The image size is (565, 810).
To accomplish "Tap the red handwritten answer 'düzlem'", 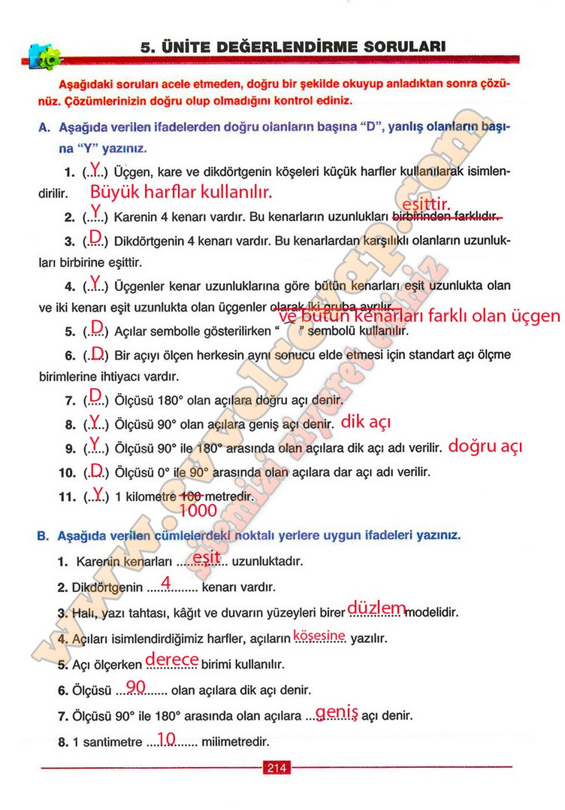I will pos(378,608).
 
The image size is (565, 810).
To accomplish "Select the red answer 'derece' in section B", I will pos(171,659).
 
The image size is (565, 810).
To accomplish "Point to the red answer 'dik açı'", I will pos(366,422).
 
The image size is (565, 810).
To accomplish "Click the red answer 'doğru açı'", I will pos(485,446).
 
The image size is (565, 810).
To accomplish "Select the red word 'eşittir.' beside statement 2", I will pos(426,204).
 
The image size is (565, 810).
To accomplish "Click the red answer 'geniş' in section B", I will pos(337,711).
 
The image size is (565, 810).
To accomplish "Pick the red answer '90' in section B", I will pos(136,686).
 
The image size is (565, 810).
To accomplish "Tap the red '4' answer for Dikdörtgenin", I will pos(166,581).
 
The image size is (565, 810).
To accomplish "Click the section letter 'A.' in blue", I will pos(44,129).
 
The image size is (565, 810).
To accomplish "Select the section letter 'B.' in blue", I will pos(43,535).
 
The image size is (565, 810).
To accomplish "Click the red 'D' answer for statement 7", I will pos(95,395).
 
